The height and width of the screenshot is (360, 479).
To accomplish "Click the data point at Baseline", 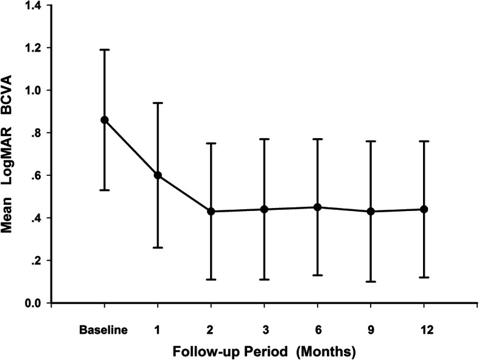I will point(105,120).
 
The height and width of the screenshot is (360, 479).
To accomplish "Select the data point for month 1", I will point(158,175).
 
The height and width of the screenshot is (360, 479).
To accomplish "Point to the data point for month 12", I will point(425,209).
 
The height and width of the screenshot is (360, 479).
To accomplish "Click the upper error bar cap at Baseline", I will point(105,49).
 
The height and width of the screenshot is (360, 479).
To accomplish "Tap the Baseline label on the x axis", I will point(103,330).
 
